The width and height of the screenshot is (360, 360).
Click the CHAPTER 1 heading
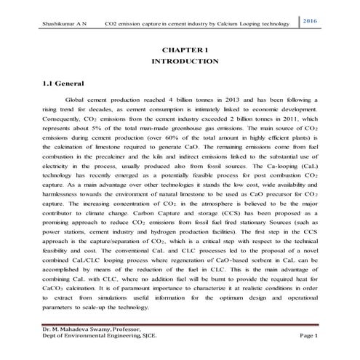point(180,49)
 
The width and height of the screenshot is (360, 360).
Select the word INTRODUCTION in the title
point(180,63)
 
